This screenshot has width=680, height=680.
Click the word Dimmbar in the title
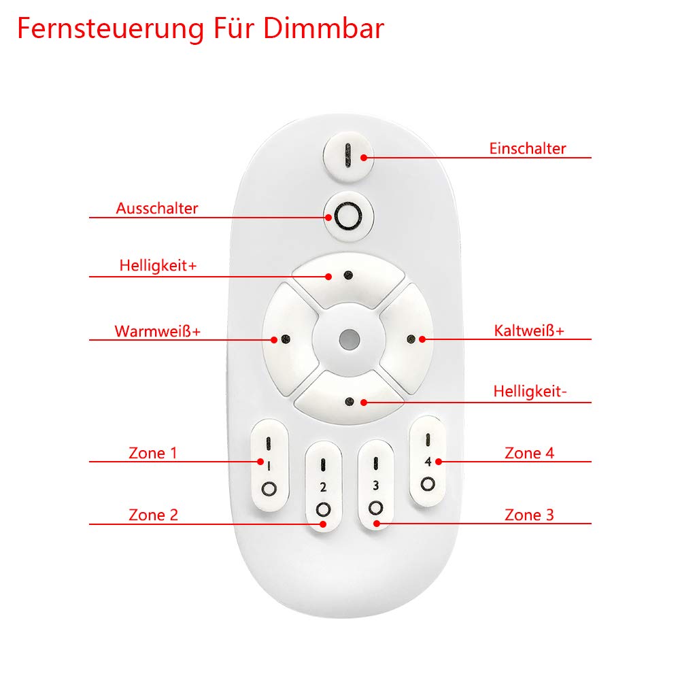click(323, 29)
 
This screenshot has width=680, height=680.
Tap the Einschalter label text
click(527, 148)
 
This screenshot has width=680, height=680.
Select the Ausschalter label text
click(157, 208)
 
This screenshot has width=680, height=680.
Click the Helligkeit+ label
click(158, 265)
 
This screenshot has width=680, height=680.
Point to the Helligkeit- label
click(530, 392)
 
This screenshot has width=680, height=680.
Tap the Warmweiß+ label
click(157, 331)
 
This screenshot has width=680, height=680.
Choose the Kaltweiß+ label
click(529, 331)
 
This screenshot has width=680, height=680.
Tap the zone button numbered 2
click(323, 486)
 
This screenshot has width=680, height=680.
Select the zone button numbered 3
click(375, 486)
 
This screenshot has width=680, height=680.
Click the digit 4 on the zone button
click(428, 462)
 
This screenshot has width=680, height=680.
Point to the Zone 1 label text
click(153, 452)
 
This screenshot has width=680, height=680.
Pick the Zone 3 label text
click(529, 515)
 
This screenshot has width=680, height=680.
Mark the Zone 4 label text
click(529, 452)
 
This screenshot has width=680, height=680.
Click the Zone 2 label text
click(153, 515)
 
